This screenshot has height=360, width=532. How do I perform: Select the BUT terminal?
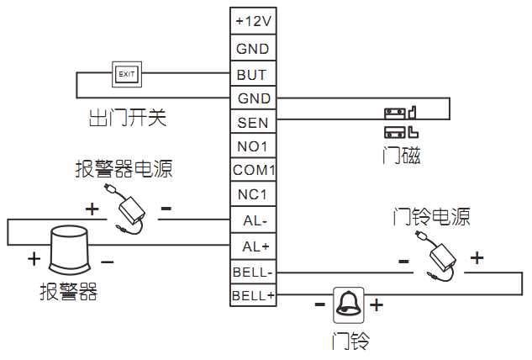(253, 74)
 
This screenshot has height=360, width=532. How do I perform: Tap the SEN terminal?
(253, 123)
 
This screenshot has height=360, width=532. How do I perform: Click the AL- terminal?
(253, 221)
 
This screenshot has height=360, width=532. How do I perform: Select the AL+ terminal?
(253, 246)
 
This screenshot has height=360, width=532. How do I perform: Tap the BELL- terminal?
(253, 271)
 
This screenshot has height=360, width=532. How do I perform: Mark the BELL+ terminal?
(253, 295)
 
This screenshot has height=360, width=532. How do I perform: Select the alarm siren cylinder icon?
(68, 250)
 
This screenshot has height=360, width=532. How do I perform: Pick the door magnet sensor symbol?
(401, 122)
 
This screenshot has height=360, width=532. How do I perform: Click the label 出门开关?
(128, 117)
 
